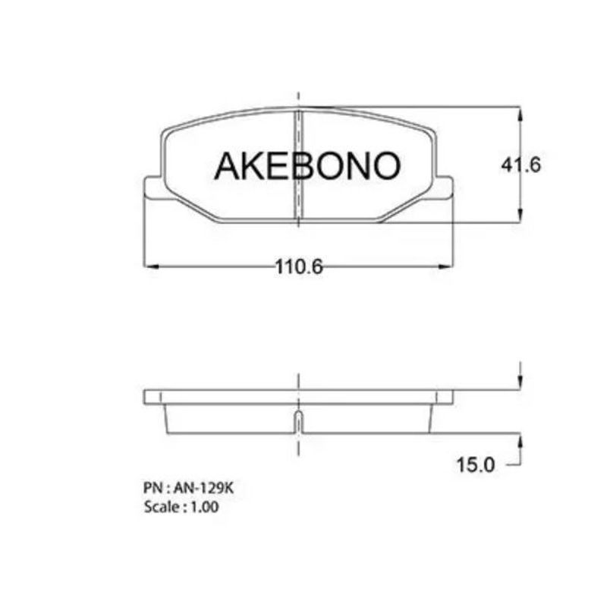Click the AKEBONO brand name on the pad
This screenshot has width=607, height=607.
(307, 166)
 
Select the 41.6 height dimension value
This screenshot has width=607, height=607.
(521, 165)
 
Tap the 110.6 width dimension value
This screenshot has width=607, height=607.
(298, 267)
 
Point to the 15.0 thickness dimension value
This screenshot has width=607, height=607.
(476, 464)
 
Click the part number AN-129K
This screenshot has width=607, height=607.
(203, 488)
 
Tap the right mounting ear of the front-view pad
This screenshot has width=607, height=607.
(444, 188)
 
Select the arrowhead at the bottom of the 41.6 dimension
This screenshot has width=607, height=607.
(521, 214)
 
